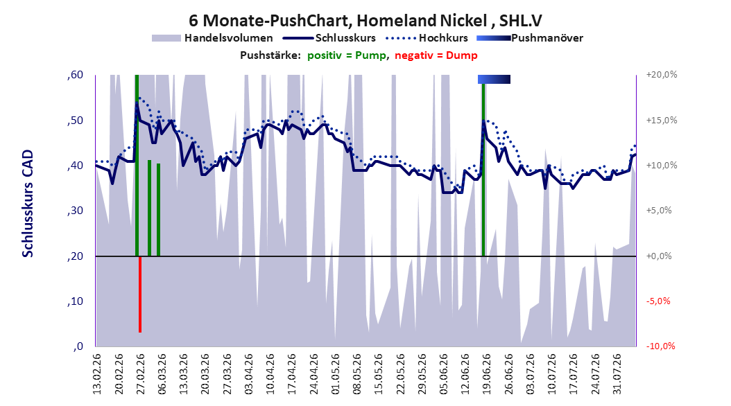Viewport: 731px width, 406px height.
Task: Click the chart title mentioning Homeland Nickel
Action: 365,21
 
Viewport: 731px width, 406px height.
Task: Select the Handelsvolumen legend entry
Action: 213,38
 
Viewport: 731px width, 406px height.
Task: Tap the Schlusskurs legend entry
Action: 329,38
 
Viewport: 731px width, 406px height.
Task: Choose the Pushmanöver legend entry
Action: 530,38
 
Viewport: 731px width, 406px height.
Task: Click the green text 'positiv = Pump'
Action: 347,55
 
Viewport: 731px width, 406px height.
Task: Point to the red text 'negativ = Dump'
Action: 436,55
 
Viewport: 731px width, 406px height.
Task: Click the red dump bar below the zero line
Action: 140,294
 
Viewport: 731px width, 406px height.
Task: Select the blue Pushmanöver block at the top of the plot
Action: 494,79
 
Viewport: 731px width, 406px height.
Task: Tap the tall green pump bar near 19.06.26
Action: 483,170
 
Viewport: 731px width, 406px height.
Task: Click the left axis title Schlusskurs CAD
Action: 28,204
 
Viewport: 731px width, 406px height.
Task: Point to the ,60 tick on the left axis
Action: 75,75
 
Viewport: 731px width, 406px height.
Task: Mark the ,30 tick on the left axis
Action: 75,211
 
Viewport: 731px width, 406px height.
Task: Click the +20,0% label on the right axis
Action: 662,75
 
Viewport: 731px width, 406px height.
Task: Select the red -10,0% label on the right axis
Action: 660,346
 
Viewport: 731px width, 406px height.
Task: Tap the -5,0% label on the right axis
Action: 658,301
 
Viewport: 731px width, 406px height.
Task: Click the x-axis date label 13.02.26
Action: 97,374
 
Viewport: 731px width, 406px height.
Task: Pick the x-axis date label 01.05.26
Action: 336,374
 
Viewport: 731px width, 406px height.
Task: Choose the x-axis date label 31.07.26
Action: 618,374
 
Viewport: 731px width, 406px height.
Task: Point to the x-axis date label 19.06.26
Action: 488,374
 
